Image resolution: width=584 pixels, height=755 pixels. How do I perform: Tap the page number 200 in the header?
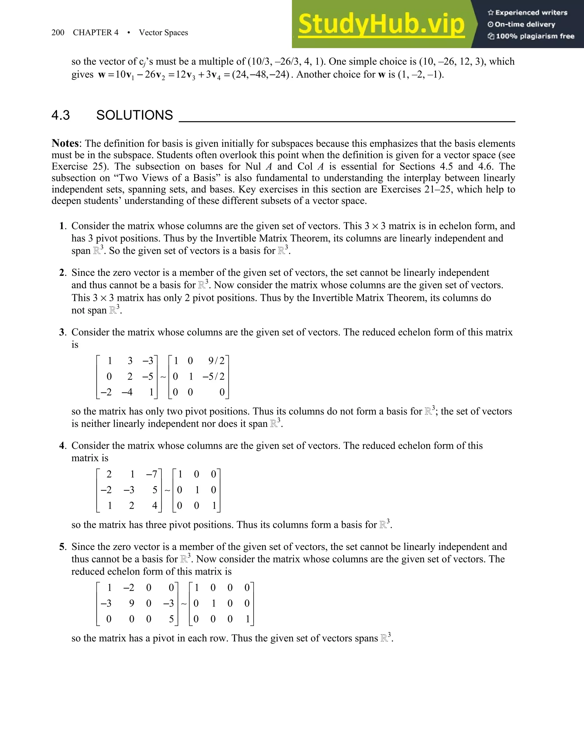(58, 32)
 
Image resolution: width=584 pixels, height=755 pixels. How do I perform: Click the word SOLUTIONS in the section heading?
(134, 115)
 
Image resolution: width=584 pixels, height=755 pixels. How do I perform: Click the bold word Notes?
(65, 144)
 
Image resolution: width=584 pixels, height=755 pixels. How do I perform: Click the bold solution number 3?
(62, 332)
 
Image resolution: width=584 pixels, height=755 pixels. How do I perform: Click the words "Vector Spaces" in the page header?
(163, 32)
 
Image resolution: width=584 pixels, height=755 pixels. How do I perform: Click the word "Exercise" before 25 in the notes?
(70, 166)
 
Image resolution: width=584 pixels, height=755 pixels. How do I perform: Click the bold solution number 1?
(62, 226)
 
